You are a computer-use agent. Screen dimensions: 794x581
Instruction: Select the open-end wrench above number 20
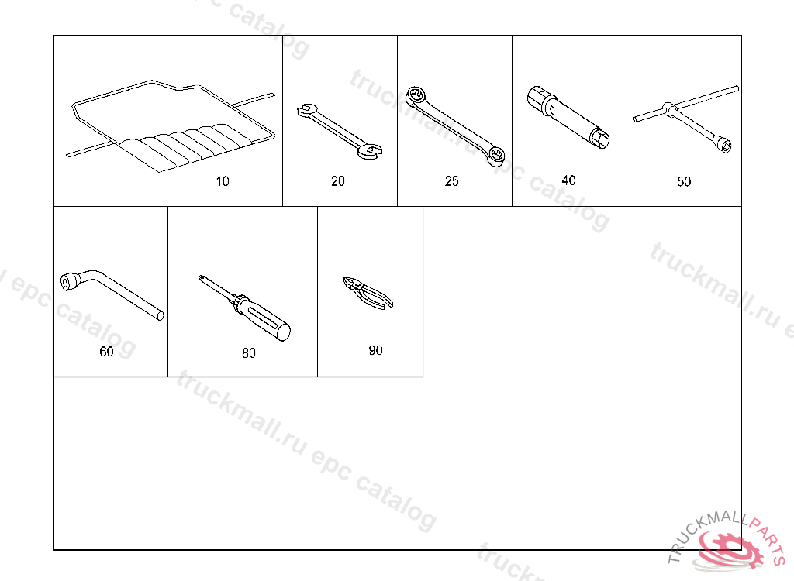tap(340, 131)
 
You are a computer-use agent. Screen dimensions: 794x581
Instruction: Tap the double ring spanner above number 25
tap(455, 126)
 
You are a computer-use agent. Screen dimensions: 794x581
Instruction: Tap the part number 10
tap(223, 181)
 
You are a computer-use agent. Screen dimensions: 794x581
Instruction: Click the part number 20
tap(338, 181)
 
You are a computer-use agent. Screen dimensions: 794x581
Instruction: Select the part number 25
tap(452, 181)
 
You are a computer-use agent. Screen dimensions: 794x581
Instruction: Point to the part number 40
tap(568, 180)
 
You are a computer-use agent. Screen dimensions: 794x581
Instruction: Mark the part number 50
tap(684, 181)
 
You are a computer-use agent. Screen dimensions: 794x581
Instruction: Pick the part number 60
tap(106, 351)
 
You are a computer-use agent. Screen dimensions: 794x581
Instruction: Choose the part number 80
tap(249, 352)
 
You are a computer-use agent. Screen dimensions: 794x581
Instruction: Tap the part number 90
tap(375, 350)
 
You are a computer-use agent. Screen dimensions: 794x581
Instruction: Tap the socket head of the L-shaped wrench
tap(69, 281)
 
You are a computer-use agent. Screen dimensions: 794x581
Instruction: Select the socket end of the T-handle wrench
tap(722, 143)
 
